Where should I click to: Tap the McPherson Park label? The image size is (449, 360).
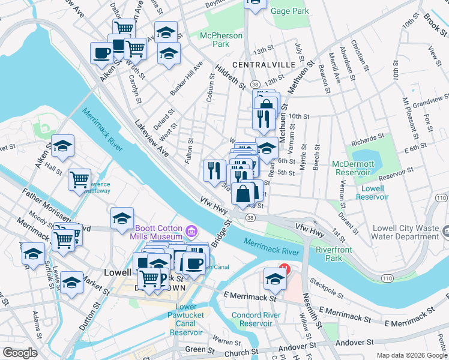pos(221,40)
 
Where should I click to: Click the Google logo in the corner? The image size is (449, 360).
pos(19,353)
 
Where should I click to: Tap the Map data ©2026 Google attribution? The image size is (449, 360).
pos(412,356)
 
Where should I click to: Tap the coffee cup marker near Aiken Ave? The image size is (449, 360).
pos(101,52)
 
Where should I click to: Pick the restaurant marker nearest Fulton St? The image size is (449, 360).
pos(214,170)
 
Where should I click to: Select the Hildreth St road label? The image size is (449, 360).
pos(232,77)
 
